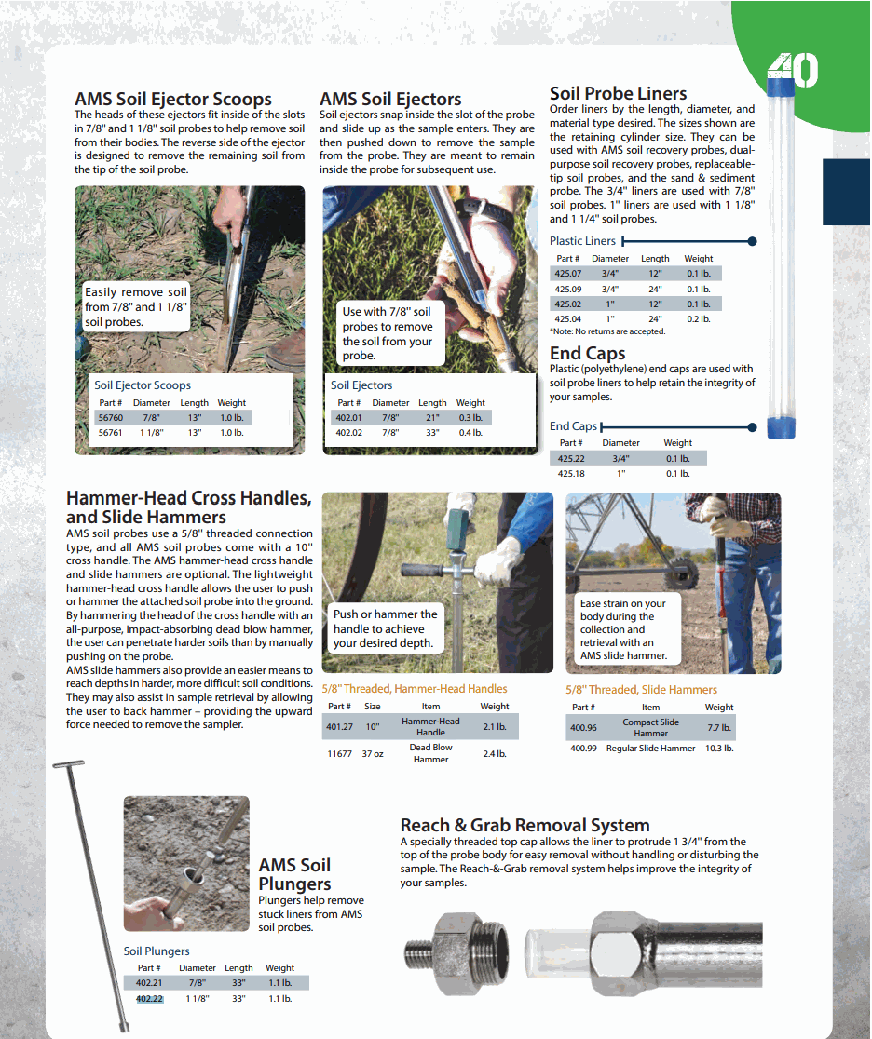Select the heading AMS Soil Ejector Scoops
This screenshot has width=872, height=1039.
tap(172, 100)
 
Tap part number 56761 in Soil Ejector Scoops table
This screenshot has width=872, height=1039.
tap(111, 433)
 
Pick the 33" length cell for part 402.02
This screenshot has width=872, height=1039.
tap(431, 433)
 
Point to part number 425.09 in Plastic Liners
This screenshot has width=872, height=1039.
tap(567, 289)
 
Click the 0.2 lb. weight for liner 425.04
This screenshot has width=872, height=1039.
tap(699, 318)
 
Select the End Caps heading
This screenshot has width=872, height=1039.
tap(587, 354)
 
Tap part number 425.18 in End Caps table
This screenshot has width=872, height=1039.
tap(571, 474)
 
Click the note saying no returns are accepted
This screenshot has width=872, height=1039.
tap(606, 331)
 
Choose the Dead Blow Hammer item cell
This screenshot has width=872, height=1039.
tap(430, 753)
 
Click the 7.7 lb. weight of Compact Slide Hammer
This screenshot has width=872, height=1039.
tap(719, 728)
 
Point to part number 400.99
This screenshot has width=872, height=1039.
tap(583, 749)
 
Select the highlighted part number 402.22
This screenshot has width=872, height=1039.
tap(149, 999)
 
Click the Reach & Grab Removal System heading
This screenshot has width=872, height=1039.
tap(525, 825)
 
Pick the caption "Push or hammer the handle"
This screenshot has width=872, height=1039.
tap(385, 628)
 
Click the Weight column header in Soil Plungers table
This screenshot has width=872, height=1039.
tap(279, 968)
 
